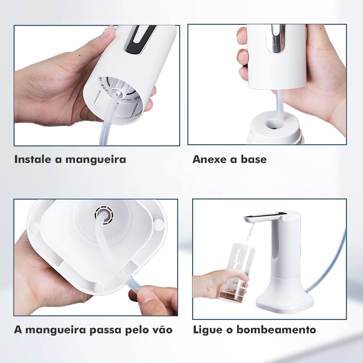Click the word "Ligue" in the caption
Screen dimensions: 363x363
coord(208,330)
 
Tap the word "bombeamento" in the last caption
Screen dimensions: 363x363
coord(276,330)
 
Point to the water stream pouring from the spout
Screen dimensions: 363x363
coord(250,232)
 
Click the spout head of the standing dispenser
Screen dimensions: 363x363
coord(264,217)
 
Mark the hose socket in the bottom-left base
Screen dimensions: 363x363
coord(104,215)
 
